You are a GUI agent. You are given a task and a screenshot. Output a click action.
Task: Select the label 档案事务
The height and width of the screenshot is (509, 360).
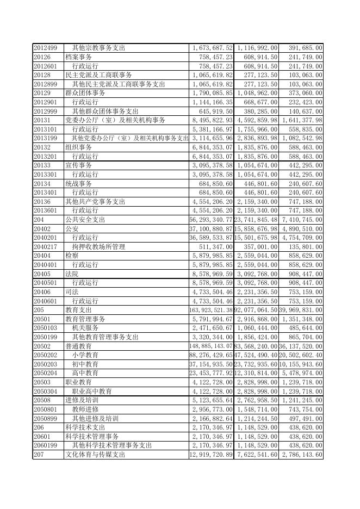coord(78,57)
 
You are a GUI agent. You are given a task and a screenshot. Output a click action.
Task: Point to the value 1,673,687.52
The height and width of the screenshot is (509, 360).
coord(212,48)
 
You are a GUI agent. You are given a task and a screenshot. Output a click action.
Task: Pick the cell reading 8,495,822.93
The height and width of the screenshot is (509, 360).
coord(212,120)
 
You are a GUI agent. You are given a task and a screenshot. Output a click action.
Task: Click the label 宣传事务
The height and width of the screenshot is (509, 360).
coord(78,165)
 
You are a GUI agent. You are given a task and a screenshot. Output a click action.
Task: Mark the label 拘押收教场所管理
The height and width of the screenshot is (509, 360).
coord(98,246)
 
